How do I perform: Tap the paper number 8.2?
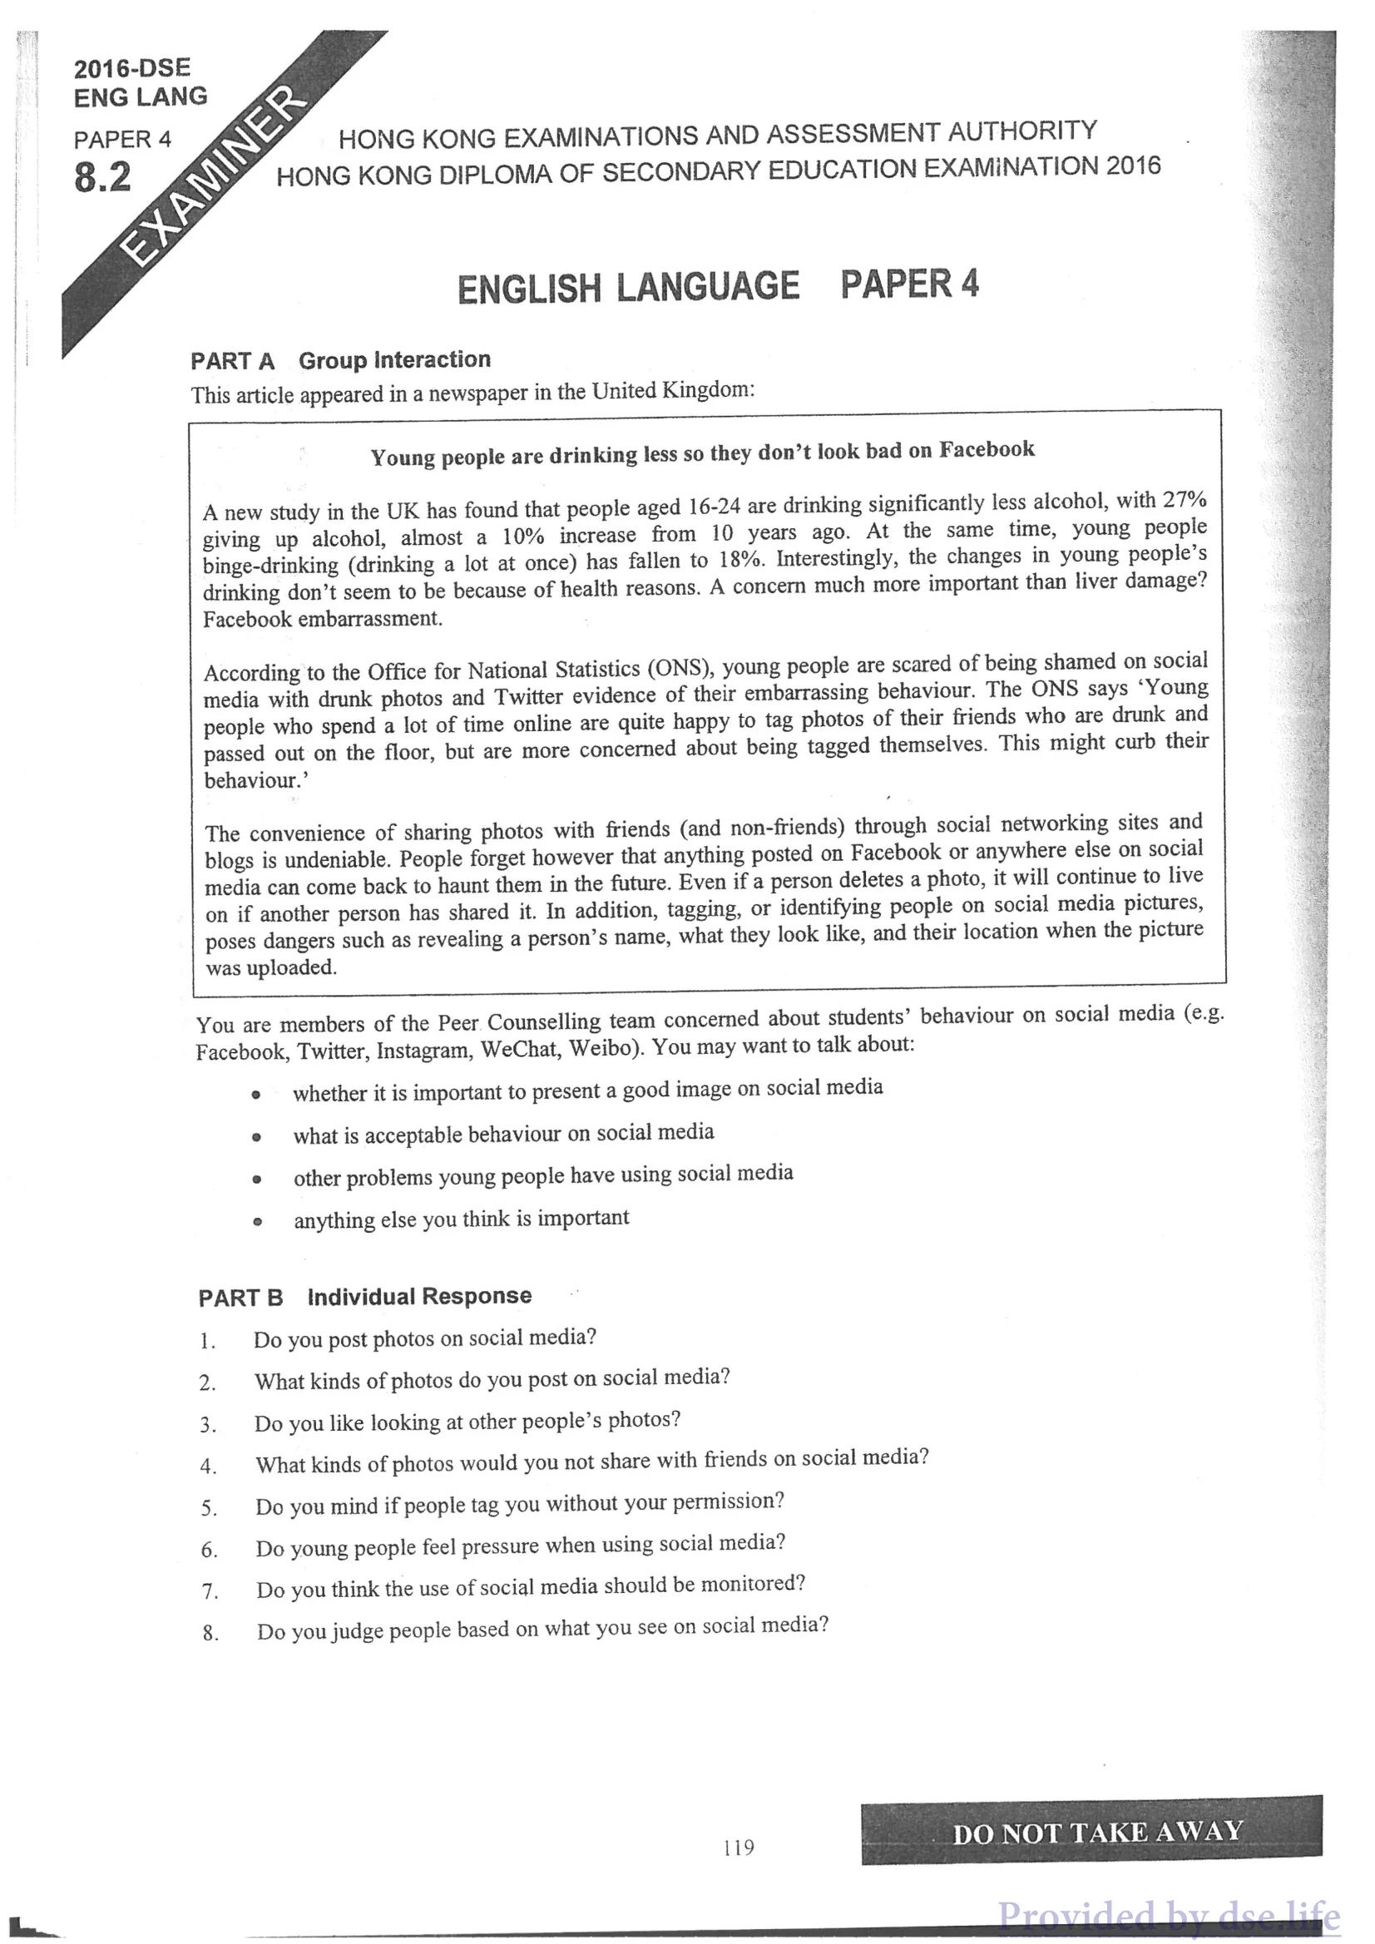click(x=102, y=178)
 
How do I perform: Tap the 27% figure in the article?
click(x=1184, y=500)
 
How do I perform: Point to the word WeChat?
click(x=518, y=1050)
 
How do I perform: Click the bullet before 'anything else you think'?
click(x=257, y=1222)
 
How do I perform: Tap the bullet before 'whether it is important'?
click(x=255, y=1095)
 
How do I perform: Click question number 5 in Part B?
click(x=208, y=1508)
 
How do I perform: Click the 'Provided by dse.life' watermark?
click(x=1169, y=1915)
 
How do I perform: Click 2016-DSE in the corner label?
click(x=132, y=68)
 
